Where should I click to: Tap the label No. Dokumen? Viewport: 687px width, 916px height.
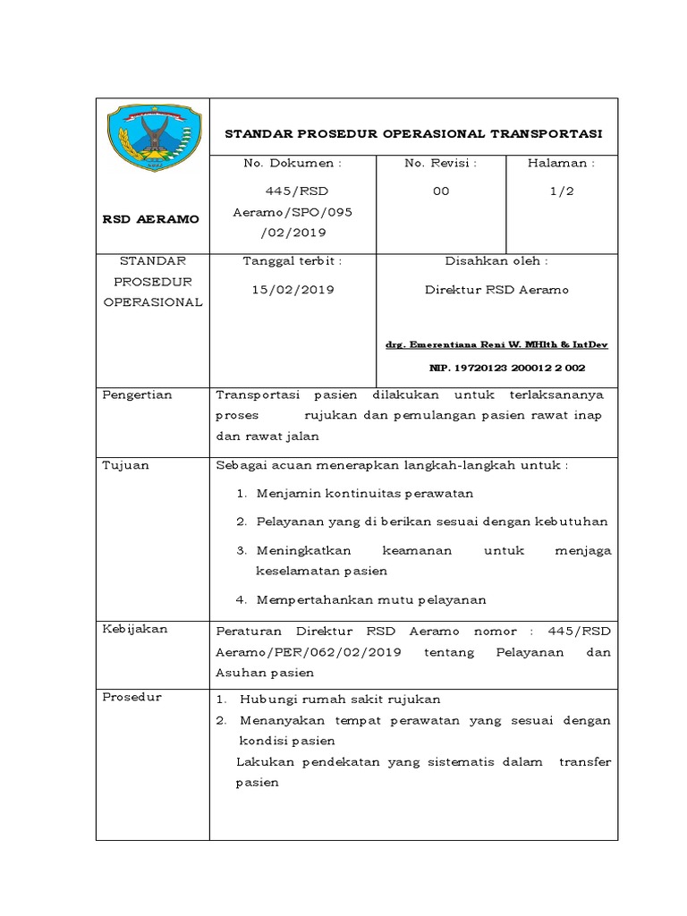click(x=293, y=164)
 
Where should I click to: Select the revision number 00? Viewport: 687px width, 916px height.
click(x=441, y=191)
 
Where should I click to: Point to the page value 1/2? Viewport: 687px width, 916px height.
click(x=562, y=191)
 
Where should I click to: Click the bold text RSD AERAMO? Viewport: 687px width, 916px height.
click(x=152, y=218)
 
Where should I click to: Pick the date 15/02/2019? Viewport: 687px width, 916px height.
click(x=293, y=290)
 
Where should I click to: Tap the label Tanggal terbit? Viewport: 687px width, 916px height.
click(x=293, y=261)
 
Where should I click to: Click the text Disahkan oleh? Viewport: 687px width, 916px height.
click(x=496, y=261)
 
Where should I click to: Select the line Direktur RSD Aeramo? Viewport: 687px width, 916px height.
click(x=496, y=290)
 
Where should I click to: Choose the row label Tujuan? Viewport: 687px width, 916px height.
click(x=126, y=465)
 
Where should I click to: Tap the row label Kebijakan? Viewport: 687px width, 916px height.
click(x=135, y=629)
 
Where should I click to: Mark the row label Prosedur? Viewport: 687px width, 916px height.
click(x=131, y=697)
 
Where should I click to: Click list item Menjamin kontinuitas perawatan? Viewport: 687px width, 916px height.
click(x=364, y=493)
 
